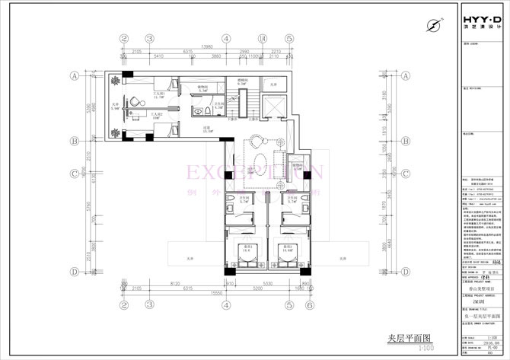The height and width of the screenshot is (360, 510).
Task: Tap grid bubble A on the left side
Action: click(75, 76)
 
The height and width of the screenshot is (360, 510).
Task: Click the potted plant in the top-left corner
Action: click(114, 80)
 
